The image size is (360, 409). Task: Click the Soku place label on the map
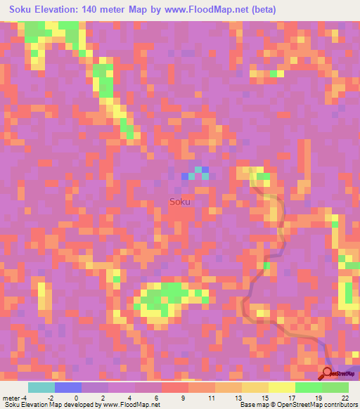(180, 202)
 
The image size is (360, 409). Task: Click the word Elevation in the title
(58, 10)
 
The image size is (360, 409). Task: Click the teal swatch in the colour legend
(41, 387)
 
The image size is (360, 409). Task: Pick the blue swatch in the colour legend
(67, 387)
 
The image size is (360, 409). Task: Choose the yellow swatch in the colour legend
(282, 387)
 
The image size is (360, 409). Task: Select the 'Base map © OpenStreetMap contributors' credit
(297, 404)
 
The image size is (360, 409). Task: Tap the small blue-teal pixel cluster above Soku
(195, 174)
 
